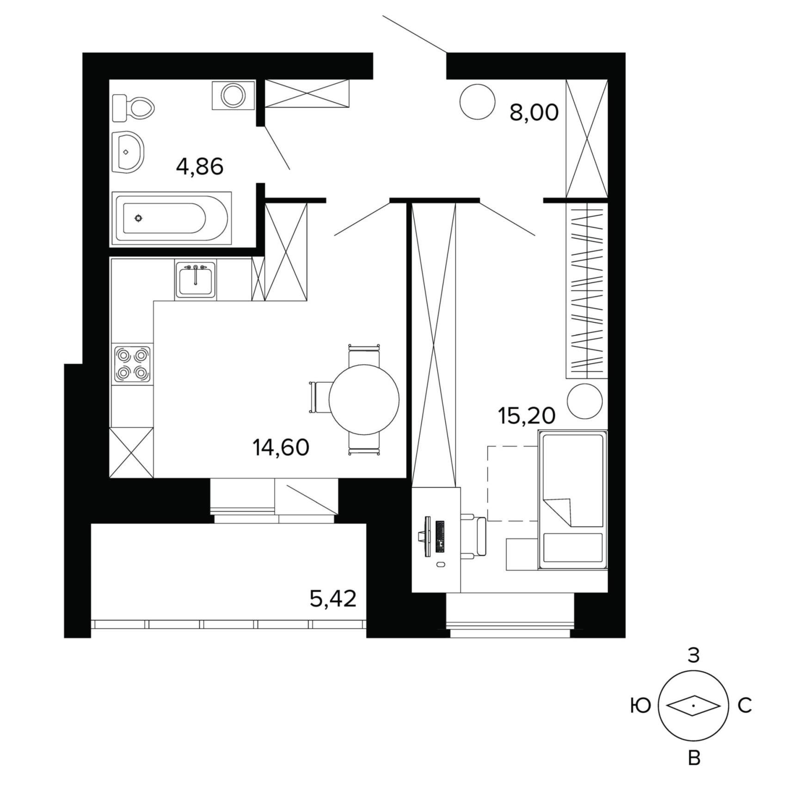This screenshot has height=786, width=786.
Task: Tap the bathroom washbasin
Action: click(x=128, y=152)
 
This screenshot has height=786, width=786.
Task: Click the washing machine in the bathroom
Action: click(x=233, y=95)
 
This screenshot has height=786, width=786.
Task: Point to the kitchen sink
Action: click(x=195, y=279)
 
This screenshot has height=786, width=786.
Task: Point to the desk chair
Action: click(x=474, y=536)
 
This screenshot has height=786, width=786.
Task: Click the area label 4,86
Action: click(x=200, y=166)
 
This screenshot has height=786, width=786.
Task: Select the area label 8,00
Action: click(x=534, y=112)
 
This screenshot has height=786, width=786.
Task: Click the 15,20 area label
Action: click(x=527, y=416)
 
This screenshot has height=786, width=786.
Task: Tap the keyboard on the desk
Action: click(x=440, y=537)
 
